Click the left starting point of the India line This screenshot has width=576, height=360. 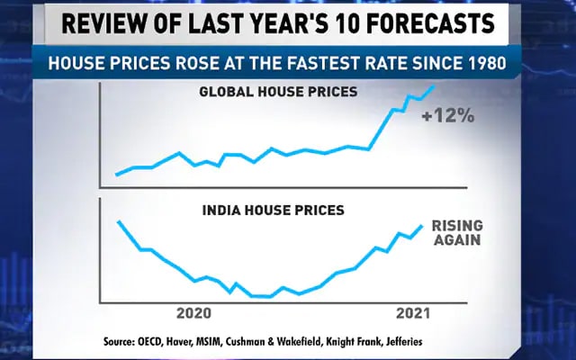point(119,220)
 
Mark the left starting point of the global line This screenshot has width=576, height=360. point(116,175)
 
